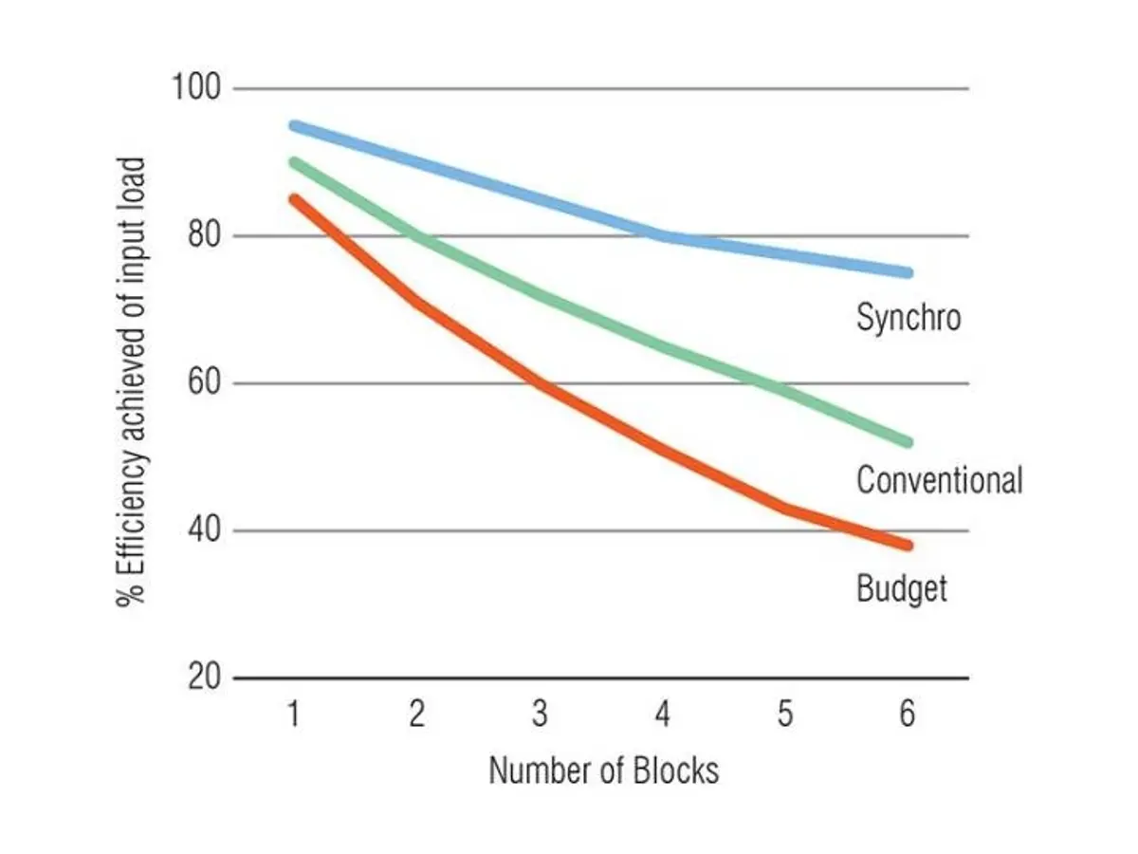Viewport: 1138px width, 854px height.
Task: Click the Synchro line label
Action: pos(908,317)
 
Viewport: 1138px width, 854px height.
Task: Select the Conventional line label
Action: pos(939,480)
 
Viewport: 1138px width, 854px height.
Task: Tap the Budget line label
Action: pos(901,589)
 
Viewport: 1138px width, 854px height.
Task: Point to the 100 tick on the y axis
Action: pos(195,88)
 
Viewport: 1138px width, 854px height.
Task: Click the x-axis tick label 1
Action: pos(294,714)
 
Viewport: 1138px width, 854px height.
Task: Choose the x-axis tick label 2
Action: pos(416,714)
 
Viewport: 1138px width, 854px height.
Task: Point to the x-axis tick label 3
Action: pos(540,714)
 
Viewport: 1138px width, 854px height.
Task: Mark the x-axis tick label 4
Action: pos(662,714)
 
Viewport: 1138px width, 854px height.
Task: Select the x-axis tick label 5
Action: pos(784,714)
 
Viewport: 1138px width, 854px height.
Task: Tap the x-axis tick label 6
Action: pos(908,714)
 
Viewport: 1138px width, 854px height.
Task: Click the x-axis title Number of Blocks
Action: pos(603,770)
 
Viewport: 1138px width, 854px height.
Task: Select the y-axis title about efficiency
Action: pos(132,382)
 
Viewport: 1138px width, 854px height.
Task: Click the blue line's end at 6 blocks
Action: pos(908,272)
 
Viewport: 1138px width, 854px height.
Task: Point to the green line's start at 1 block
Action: pos(294,162)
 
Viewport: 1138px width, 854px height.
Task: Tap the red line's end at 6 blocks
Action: pos(908,546)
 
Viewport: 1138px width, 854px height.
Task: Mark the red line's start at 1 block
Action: pos(294,199)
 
